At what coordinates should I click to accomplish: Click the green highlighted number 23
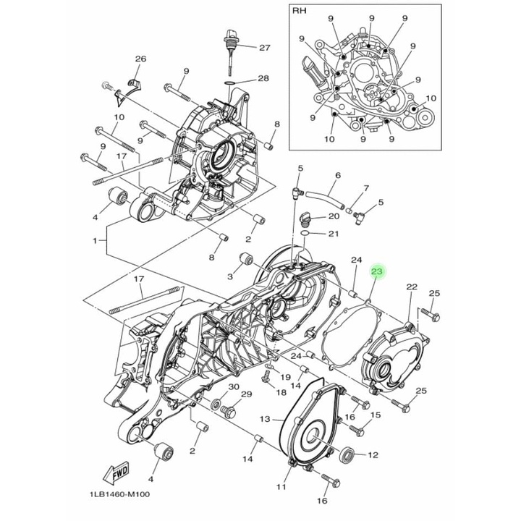[377, 272]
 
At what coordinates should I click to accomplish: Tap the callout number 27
[264, 48]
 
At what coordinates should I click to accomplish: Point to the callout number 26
[140, 59]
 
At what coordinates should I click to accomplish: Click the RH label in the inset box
[300, 12]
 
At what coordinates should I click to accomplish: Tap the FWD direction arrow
[116, 474]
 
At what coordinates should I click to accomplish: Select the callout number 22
[412, 287]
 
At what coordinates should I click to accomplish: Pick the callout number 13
[265, 419]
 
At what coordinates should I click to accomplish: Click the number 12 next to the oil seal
[373, 455]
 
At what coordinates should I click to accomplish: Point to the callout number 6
[337, 176]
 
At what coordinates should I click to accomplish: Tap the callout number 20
[334, 216]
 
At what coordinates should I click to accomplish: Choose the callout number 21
[334, 234]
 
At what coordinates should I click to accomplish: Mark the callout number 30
[233, 388]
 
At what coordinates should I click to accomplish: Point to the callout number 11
[280, 487]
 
